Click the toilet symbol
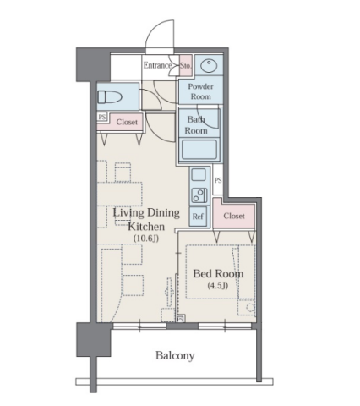[x=110, y=96]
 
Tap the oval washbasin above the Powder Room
[x=209, y=66]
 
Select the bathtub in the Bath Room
[x=199, y=150]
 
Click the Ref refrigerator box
[x=198, y=217]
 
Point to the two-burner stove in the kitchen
[x=199, y=195]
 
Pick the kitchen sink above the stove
[x=199, y=175]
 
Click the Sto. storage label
[x=186, y=66]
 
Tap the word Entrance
[x=157, y=65]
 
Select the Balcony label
[x=175, y=355]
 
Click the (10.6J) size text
[x=146, y=239]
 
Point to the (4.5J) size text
[x=218, y=286]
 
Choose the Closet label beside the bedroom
[x=234, y=216]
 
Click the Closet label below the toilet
[x=127, y=122]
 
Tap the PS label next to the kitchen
[x=218, y=180]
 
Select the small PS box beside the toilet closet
[x=101, y=117]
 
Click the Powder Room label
[x=201, y=91]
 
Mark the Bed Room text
[x=218, y=274]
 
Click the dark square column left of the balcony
[x=94, y=340]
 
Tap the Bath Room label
[x=196, y=125]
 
